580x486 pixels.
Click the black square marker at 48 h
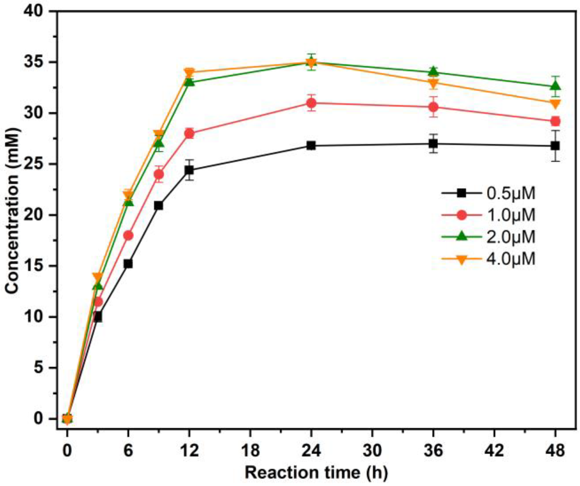555,146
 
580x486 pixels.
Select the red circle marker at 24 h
311,103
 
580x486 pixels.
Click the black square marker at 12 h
189,170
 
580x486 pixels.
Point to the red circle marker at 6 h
128,235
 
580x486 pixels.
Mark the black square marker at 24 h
311,145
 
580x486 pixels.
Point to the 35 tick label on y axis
34,62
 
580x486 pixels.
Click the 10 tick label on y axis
34,317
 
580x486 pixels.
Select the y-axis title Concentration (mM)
12,210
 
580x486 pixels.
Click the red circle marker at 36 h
433,107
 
